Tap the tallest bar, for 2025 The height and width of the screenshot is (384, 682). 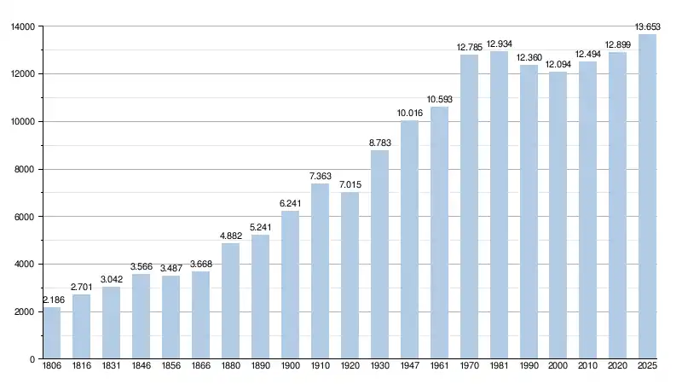click(x=647, y=196)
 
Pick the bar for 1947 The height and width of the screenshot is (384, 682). click(x=409, y=240)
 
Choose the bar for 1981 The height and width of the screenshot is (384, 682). click(x=499, y=205)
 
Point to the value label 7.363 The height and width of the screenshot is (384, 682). click(x=320, y=177)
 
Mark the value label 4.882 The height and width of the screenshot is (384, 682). click(x=230, y=236)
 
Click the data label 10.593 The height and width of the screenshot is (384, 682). click(x=439, y=100)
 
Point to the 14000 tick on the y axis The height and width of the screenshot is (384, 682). click(x=22, y=26)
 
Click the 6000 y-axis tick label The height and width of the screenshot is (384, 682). click(x=25, y=217)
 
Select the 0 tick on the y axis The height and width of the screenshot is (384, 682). click(x=31, y=359)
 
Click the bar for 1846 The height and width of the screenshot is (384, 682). click(x=141, y=317)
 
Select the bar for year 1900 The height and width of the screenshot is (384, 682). click(x=290, y=285)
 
